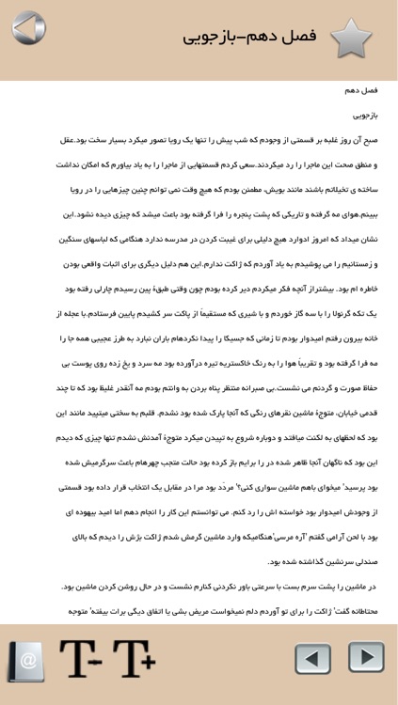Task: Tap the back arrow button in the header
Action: point(29,29)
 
